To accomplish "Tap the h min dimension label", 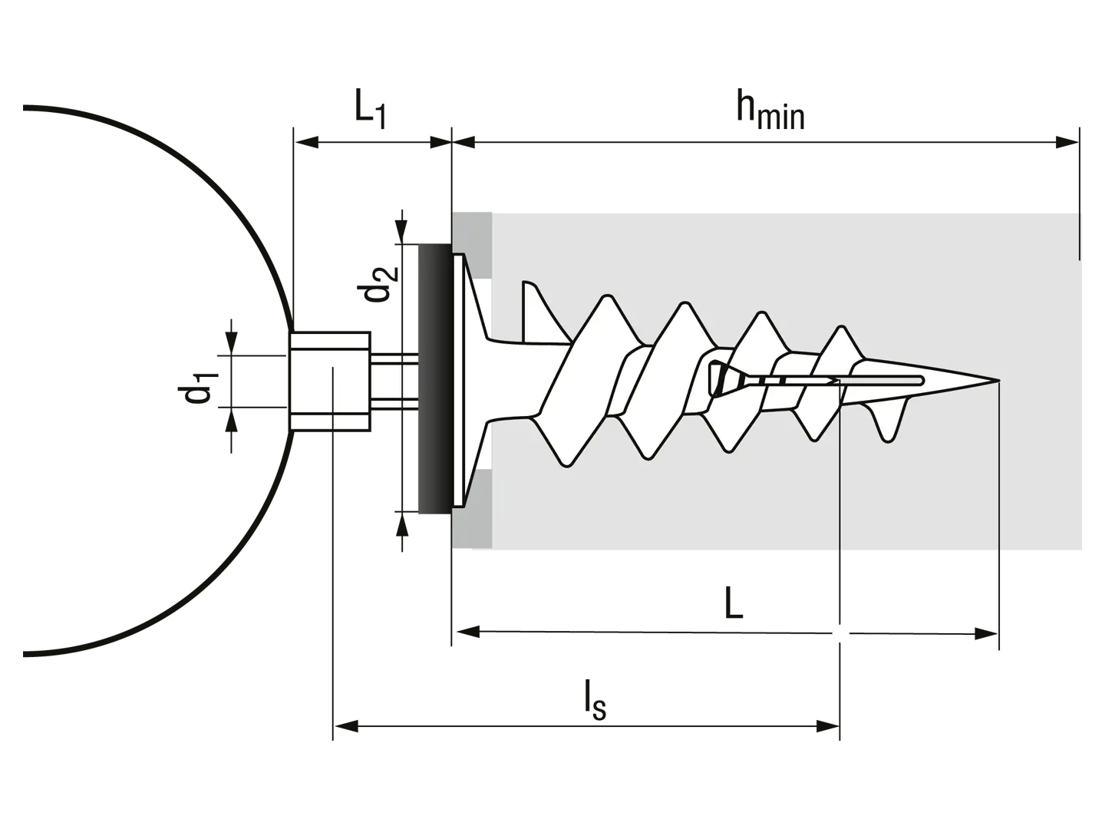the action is coord(770,111).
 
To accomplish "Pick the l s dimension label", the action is coord(595,700).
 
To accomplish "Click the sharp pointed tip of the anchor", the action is coord(998,379).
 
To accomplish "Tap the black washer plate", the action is coord(435,379).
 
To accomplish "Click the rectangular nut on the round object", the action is coord(330,381).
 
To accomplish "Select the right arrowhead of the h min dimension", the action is coord(1067,143).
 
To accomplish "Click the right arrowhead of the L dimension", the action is coord(986,634).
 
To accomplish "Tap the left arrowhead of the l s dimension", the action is coord(346,726).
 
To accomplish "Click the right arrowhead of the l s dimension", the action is coord(828,726).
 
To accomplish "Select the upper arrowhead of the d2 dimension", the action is coord(401,232).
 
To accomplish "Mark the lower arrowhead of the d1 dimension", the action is coord(231,419).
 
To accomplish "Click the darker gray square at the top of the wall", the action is coord(472,245).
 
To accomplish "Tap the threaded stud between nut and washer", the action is coord(394,381).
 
